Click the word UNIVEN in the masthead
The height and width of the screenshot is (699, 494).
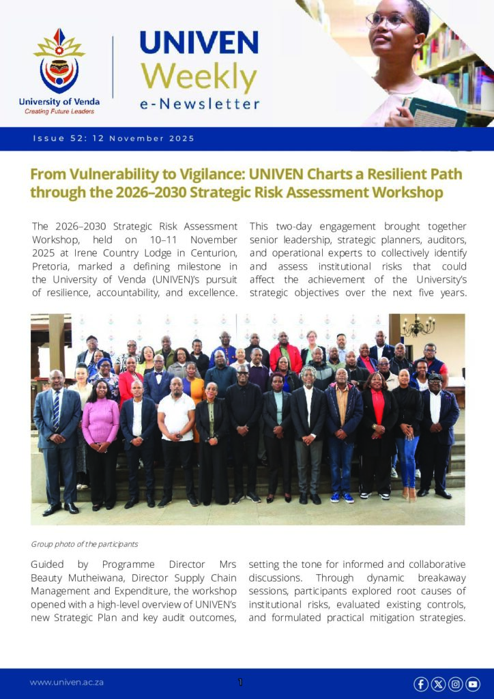tap(199, 44)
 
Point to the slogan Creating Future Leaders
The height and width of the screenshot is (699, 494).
tap(59, 111)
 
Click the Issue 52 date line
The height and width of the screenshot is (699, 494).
tap(113, 139)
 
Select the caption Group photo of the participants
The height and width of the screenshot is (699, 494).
tap(85, 544)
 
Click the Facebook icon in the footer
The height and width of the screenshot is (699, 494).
tap(421, 683)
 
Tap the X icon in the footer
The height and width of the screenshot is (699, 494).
tap(438, 683)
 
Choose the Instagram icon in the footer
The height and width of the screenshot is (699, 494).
tap(455, 683)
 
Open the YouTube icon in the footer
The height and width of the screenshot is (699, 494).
tap(472, 683)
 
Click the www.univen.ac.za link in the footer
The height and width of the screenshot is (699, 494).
tap(66, 682)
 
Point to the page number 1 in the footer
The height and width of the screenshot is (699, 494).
tap(240, 682)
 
